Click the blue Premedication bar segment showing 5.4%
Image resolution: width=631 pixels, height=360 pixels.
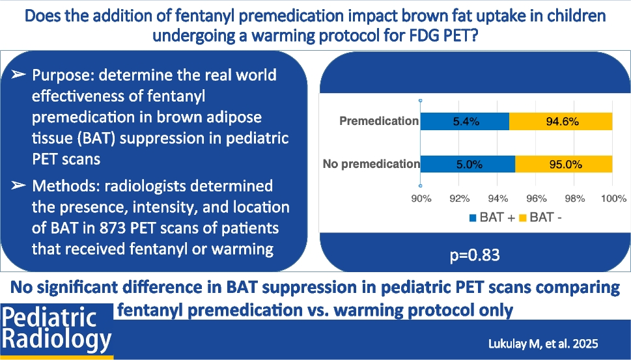pyautogui.click(x=464, y=121)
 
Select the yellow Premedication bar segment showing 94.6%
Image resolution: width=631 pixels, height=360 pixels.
pyautogui.click(x=560, y=121)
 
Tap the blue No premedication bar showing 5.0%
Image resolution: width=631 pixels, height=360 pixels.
pyautogui.click(x=468, y=164)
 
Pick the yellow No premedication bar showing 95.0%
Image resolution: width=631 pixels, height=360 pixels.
pyautogui.click(x=563, y=164)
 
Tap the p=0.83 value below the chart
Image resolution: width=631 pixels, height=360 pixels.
pyautogui.click(x=475, y=255)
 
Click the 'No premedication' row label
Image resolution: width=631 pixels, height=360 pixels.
pyautogui.click(x=371, y=164)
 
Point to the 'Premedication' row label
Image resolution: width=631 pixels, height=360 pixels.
pyautogui.click(x=378, y=121)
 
